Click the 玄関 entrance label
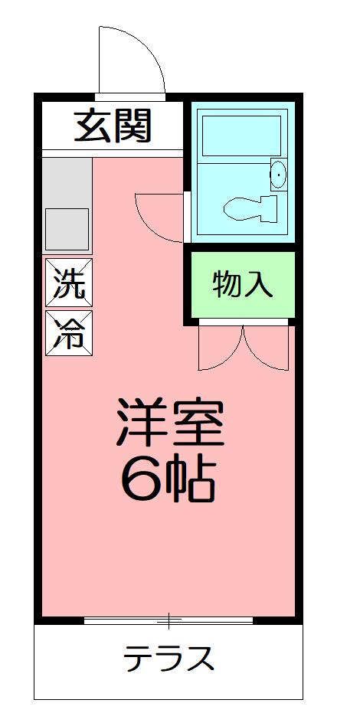pyautogui.click(x=112, y=127)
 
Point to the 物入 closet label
pyautogui.click(x=241, y=284)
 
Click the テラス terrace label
pyautogui.click(x=169, y=658)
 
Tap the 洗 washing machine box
pyautogui.click(x=68, y=283)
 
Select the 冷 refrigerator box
pyautogui.click(x=68, y=332)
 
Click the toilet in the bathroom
pyautogui.click(x=248, y=206)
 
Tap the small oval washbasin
pyautogui.click(x=277, y=175)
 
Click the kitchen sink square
pyautogui.click(x=67, y=228)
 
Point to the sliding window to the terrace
pyautogui.click(x=169, y=620)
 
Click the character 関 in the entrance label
pyautogui.click(x=131, y=127)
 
